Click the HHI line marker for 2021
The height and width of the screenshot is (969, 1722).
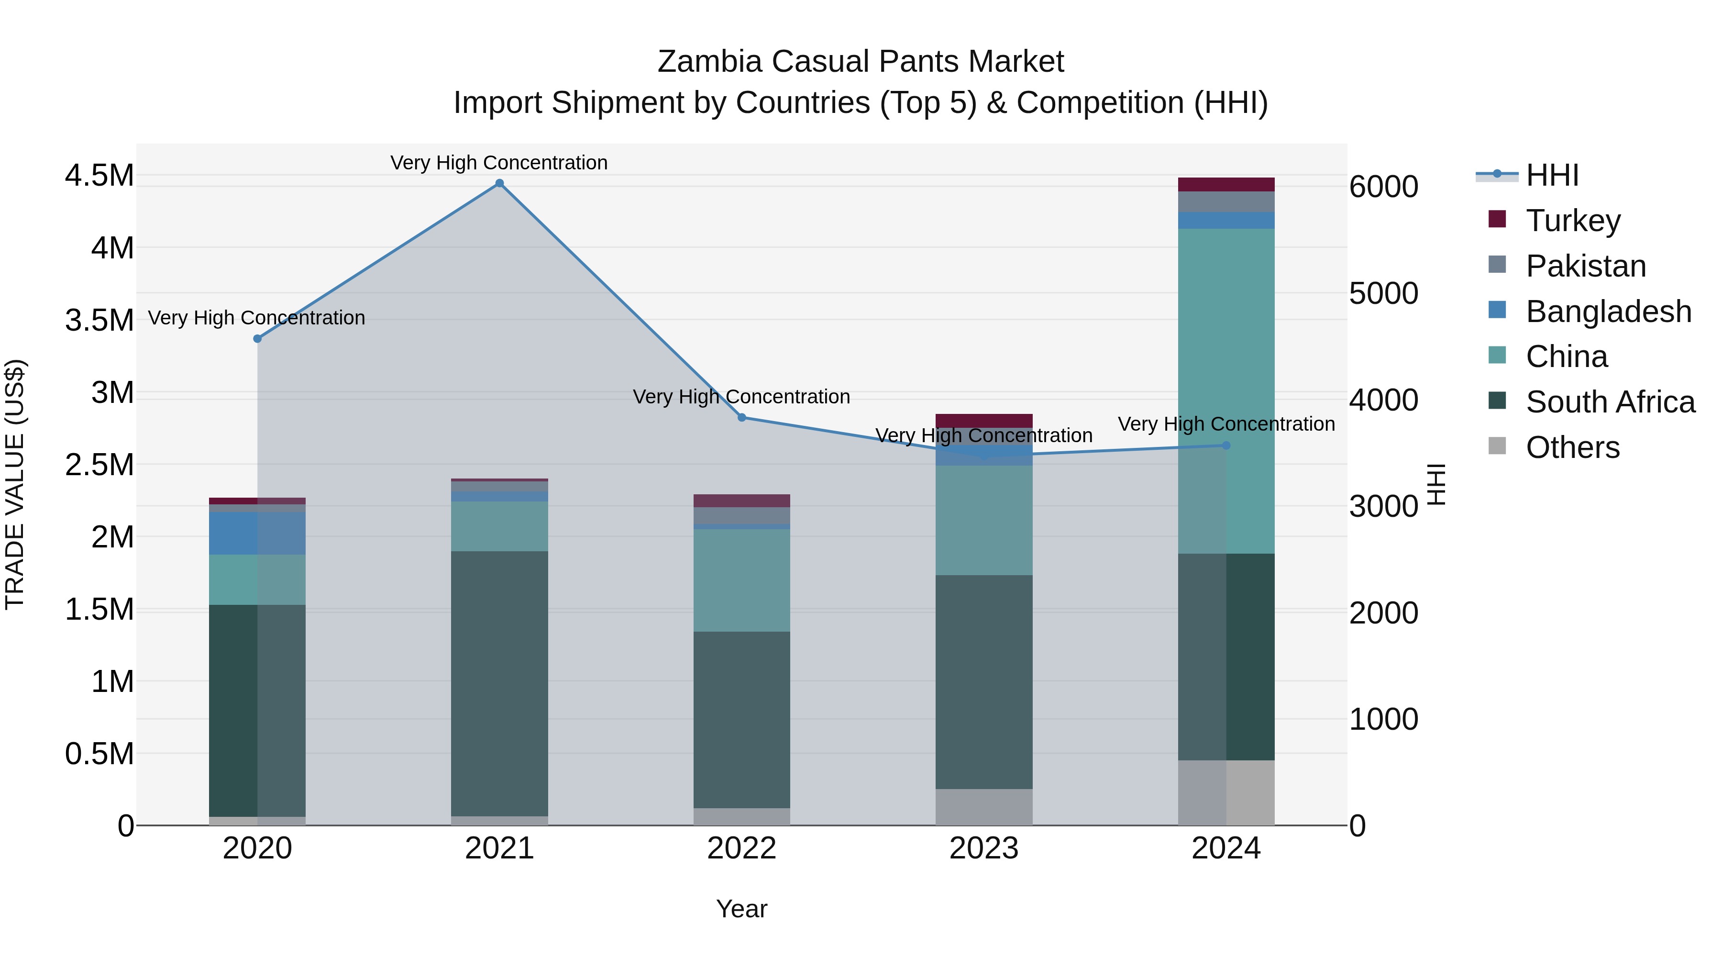click(499, 183)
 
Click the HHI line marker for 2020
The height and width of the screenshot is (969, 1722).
click(257, 338)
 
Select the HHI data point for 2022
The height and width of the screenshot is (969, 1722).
click(741, 417)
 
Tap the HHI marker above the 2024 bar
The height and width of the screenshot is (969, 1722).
click(1226, 446)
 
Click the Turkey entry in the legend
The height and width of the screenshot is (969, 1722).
click(1572, 220)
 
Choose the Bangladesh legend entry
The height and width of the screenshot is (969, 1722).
click(1608, 312)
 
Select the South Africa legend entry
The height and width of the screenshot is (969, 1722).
click(1610, 402)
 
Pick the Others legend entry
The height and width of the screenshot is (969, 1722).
click(1572, 447)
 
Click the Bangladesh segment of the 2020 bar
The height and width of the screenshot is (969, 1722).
click(257, 533)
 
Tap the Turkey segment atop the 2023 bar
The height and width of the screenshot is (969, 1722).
click(983, 420)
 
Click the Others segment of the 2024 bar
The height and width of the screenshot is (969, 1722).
click(1226, 792)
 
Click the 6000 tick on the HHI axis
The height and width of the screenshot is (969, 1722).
click(1383, 187)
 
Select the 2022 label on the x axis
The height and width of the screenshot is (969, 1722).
click(741, 848)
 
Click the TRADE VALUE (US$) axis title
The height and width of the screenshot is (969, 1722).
click(15, 484)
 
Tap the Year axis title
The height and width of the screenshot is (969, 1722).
click(741, 909)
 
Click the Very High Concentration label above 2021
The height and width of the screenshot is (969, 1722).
click(499, 163)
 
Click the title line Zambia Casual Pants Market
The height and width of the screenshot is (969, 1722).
click(861, 62)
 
